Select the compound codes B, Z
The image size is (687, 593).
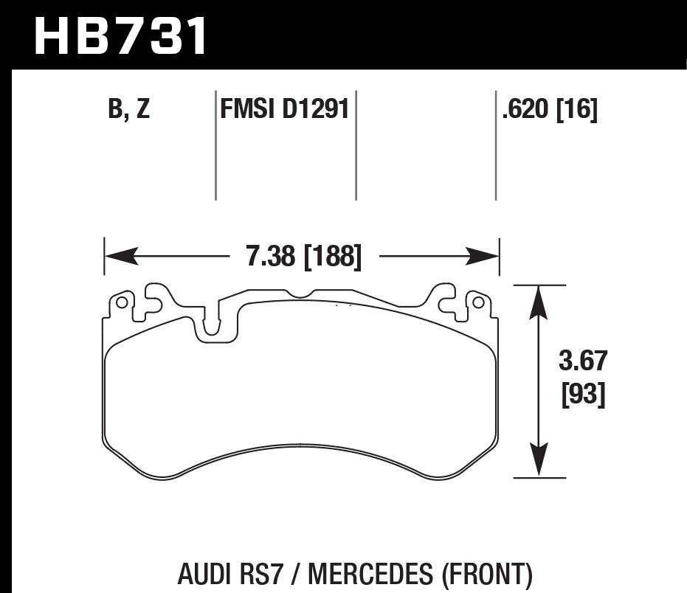[x=128, y=111]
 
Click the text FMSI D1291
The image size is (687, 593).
[x=284, y=111]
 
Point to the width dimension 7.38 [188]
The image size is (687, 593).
[x=303, y=257]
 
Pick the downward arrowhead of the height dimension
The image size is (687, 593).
[x=540, y=460]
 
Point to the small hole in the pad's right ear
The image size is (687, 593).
[x=477, y=302]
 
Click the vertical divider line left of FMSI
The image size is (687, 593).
[x=215, y=148]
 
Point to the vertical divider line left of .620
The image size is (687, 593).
[x=495, y=148]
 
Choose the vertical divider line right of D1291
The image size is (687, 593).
[x=356, y=148]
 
